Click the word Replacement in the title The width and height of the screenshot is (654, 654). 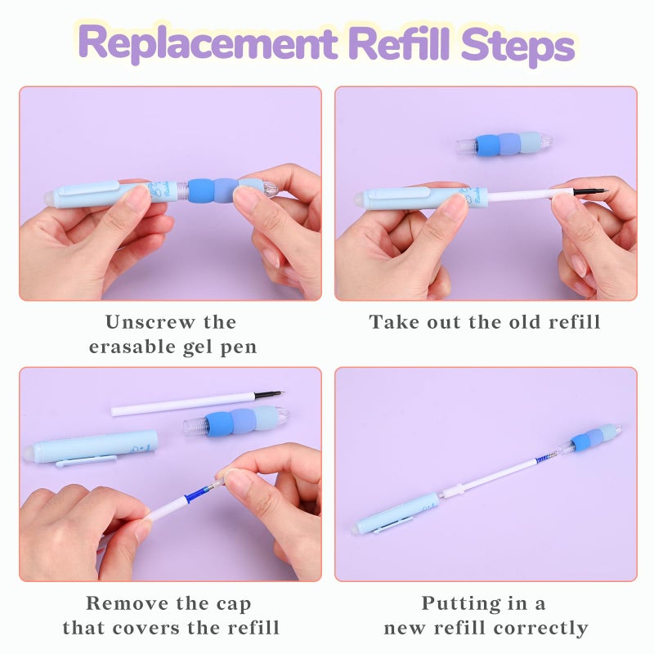click(x=208, y=43)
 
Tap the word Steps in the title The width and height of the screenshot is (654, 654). click(x=518, y=45)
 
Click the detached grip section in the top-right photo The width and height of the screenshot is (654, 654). click(x=504, y=145)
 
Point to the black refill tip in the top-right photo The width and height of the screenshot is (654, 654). click(x=590, y=191)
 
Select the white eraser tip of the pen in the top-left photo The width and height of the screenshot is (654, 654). click(x=49, y=198)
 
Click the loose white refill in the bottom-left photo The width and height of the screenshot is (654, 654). click(x=197, y=403)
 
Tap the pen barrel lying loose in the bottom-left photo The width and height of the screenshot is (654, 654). click(x=96, y=447)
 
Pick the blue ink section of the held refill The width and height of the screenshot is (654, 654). click(x=195, y=493)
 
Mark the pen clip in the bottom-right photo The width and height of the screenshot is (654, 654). click(x=393, y=526)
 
